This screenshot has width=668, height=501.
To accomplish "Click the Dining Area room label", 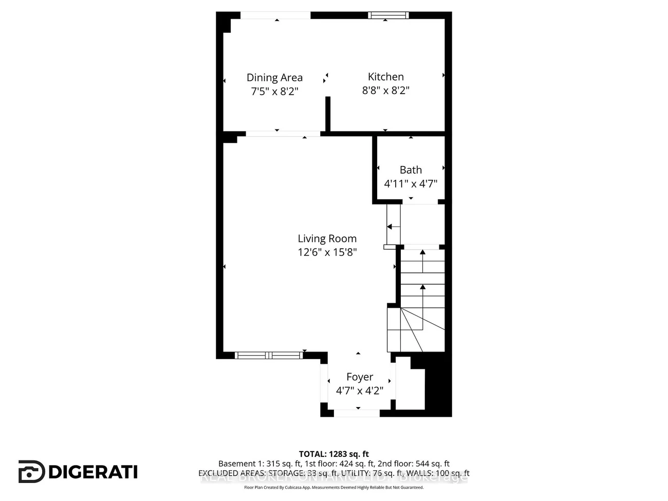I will click(274, 78).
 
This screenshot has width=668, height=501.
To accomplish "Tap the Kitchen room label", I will click(385, 77).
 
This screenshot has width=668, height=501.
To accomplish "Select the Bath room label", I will click(411, 170).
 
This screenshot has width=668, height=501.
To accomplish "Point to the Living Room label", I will click(327, 238).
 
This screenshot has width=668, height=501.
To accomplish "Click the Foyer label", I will click(360, 377).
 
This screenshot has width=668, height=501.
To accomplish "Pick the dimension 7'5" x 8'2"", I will click(274, 91).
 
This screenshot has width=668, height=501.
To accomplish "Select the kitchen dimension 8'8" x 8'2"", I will click(385, 90).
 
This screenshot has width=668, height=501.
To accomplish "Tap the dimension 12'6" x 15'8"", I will click(327, 252).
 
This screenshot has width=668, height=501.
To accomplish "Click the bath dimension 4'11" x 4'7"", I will click(411, 183).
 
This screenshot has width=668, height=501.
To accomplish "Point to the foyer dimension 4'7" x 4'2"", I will click(360, 391).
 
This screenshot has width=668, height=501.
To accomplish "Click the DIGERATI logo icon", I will click(31, 472).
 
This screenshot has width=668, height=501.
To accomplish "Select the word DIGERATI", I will click(93, 472).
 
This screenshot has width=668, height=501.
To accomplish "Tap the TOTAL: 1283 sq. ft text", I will click(334, 454).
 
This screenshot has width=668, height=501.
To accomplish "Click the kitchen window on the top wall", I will click(388, 15).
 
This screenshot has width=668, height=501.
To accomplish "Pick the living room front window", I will click(269, 355).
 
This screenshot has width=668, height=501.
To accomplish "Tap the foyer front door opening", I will click(357, 413).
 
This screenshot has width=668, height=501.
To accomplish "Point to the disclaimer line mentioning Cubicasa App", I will click(334, 487).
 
